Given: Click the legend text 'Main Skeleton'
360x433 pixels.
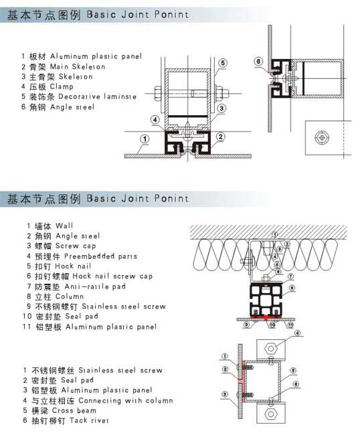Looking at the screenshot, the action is pos(78,66).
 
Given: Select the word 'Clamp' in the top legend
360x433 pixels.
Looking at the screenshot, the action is pos(62,86).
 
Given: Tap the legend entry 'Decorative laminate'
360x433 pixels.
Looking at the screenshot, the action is pos(97,96).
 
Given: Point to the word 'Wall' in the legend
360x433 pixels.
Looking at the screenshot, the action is pos(64,226).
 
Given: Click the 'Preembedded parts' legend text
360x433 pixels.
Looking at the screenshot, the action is pos(100,256).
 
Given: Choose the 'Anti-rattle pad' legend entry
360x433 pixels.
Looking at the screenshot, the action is pos(95,286).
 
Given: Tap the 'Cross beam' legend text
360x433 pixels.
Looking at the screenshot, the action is pos(74,410).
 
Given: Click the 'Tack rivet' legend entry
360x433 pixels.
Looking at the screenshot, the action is pos(89,420).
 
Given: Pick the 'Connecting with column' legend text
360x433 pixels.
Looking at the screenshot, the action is pos(126,400).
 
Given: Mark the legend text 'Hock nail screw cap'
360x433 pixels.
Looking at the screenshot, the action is pos(112,276).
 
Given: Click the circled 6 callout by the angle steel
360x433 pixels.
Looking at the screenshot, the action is pos(258,62).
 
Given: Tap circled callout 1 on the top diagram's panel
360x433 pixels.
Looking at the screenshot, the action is pos(145,139).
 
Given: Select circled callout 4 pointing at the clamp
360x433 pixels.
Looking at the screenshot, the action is pos(155,120).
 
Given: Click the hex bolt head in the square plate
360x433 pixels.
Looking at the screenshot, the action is pos(322,137).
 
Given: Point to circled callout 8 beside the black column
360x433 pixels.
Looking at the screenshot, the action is pos(292,288).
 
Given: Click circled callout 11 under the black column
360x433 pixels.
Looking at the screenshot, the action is pos(290,325).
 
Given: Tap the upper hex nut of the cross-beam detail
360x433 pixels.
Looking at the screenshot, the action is pos(271,348).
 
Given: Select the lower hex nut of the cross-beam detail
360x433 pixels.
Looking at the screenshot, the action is pos(271,414).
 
